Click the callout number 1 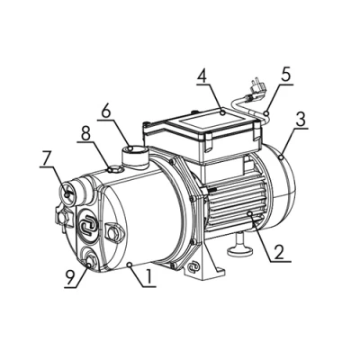pyautogui.click(x=148, y=277)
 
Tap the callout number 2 pyautogui.click(x=278, y=251)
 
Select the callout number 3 pyautogui.click(x=300, y=119)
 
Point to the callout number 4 pyautogui.click(x=203, y=75)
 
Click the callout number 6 pyautogui.click(x=106, y=111)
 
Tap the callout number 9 pyautogui.click(x=70, y=278)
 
